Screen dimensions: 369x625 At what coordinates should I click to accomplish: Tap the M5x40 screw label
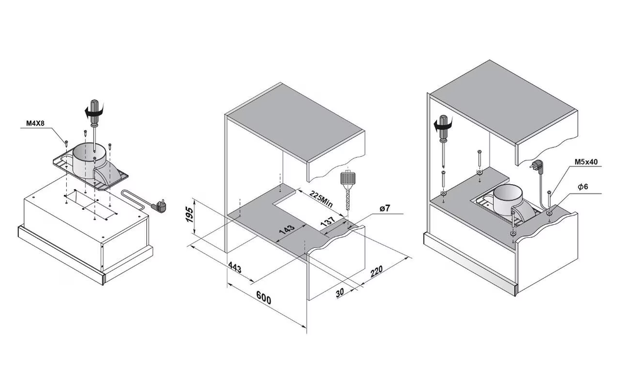pyautogui.click(x=586, y=162)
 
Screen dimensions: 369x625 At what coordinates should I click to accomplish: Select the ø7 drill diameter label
pyautogui.click(x=384, y=208)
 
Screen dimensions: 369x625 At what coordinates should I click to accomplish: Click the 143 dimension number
pyautogui.click(x=286, y=230)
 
